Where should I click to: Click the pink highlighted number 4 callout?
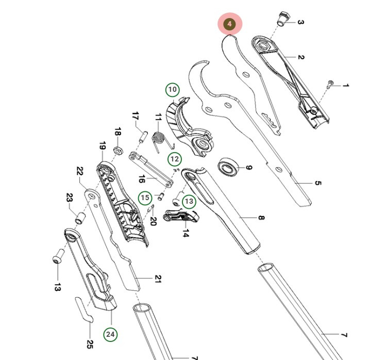coord(230,24)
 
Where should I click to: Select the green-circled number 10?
coord(173,90)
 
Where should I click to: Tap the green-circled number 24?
coord(110,334)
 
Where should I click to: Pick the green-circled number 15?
coord(145,197)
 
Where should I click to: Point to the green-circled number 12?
coord(175,159)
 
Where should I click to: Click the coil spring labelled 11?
coord(160,139)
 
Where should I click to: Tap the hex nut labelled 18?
coord(117,150)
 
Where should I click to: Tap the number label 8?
coord(261,218)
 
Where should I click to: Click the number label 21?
coord(158,279)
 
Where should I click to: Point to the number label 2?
coord(301,57)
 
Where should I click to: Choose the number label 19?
coord(102,146)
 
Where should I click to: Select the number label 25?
coord(90,344)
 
